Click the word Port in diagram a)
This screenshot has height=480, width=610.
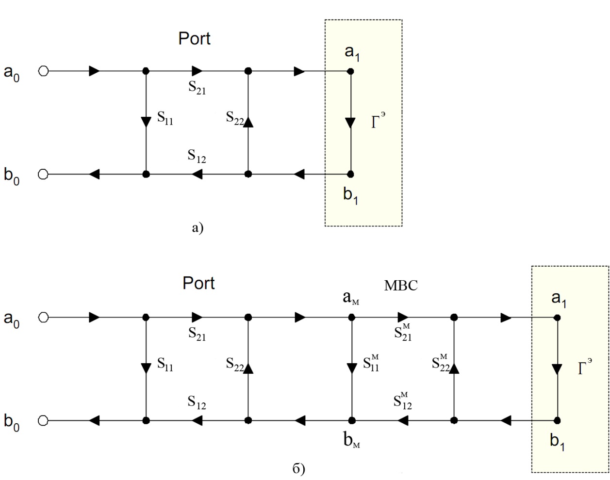click(x=194, y=39)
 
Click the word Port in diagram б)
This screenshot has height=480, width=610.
click(x=198, y=283)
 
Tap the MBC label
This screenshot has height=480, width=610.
click(x=401, y=286)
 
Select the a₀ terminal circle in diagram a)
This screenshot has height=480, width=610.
click(x=44, y=71)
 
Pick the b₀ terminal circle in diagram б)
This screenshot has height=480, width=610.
click(x=44, y=420)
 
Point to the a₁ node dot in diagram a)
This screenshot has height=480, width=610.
click(x=350, y=71)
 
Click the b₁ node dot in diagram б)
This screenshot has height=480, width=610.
click(x=558, y=420)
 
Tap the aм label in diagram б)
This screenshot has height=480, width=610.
click(x=351, y=298)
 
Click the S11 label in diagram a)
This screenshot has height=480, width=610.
click(x=165, y=118)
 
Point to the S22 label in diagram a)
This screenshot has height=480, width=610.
click(x=235, y=118)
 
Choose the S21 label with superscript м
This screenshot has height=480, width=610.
click(x=403, y=333)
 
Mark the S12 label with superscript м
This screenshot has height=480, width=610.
click(x=403, y=401)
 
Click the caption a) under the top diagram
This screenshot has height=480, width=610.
click(x=198, y=227)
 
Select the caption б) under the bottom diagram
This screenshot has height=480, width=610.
click(x=299, y=469)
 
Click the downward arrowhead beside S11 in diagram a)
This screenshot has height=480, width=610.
click(x=146, y=121)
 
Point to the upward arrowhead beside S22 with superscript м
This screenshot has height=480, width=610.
click(x=454, y=368)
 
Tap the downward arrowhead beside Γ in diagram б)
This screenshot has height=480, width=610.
click(x=558, y=368)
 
